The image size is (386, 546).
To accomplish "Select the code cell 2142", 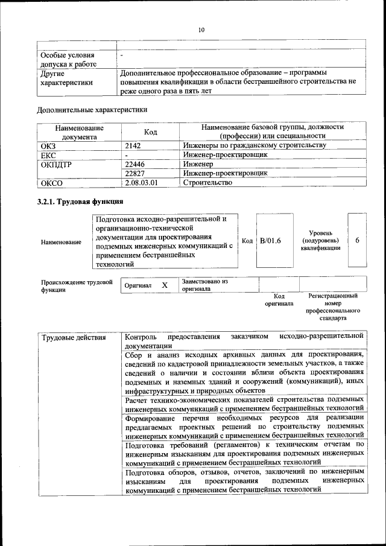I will pos(134,145).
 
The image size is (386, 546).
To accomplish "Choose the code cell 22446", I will pos(136,163).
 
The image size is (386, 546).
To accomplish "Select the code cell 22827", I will pos(136,173).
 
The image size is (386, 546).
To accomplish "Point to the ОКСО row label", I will pos(51,182).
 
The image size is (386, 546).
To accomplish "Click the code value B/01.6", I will pos(270,241).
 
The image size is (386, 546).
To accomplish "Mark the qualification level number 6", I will pos(357,240).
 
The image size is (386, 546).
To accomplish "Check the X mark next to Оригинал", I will pos(164,285).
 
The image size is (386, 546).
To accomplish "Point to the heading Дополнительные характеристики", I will pos(92,110).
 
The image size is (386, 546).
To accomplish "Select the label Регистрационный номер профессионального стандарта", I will pos(333,306).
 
